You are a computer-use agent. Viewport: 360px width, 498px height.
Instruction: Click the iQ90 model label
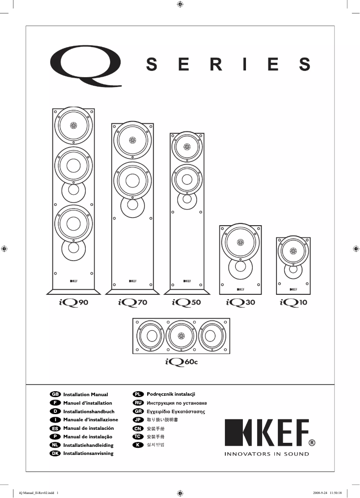[73, 303]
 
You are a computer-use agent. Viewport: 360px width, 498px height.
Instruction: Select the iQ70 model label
[132, 303]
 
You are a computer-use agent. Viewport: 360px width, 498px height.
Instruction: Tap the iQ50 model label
[186, 303]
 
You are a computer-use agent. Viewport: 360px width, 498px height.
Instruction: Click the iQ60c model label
[181, 361]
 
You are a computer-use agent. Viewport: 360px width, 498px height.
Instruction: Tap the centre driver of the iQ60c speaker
[181, 336]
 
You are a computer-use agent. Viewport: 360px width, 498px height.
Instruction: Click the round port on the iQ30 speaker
[239, 267]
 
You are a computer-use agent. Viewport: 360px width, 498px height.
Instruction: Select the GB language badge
[55, 394]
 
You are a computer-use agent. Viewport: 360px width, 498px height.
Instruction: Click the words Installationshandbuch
[88, 411]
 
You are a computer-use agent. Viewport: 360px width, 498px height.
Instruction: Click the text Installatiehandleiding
[88, 445]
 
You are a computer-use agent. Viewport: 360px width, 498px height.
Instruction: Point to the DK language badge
[55, 454]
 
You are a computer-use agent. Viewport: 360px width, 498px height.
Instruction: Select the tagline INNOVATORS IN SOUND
[267, 454]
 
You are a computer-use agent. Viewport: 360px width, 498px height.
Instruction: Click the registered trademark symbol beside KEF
[312, 443]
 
